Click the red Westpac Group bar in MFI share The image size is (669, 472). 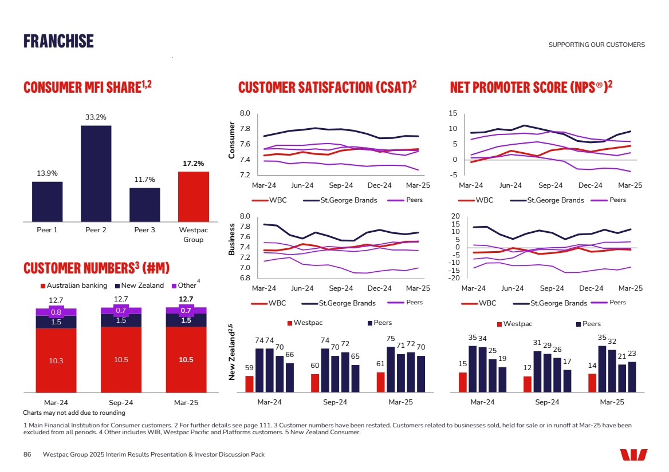(x=193, y=196)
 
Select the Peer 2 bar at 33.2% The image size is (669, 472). (x=96, y=173)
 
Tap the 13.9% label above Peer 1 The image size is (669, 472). (x=47, y=173)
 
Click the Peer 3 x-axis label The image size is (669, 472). (x=144, y=230)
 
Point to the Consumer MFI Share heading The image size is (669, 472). (x=87, y=87)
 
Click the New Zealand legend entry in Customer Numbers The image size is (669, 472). (x=143, y=285)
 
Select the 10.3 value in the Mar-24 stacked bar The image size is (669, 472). (x=56, y=360)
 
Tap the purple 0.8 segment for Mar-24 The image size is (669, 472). (x=56, y=312)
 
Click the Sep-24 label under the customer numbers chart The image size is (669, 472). (x=121, y=403)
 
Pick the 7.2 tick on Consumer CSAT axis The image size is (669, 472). (x=245, y=174)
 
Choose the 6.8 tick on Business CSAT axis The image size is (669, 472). (x=245, y=278)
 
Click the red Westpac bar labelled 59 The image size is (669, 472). (x=249, y=384)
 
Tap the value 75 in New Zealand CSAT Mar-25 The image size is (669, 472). (x=391, y=338)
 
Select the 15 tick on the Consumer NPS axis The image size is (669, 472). (x=452, y=113)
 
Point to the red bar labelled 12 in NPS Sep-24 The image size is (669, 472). (x=528, y=384)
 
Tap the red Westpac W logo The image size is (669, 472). (x=633, y=454)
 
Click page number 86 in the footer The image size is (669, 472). (x=27, y=454)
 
